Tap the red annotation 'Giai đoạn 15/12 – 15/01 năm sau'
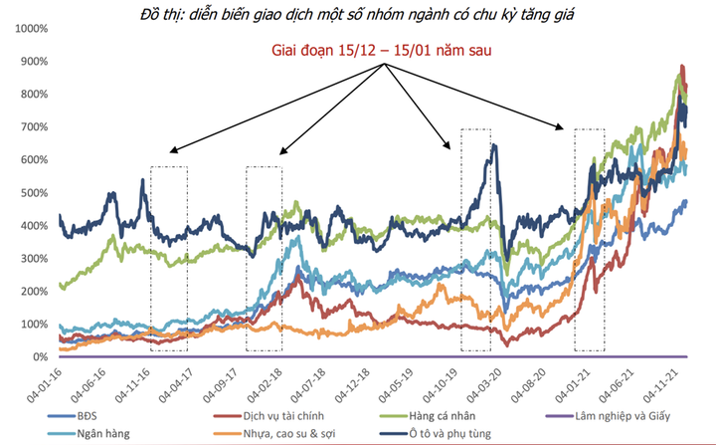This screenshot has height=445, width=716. pyautogui.click(x=383, y=49)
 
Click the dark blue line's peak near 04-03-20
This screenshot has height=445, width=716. pyautogui.click(x=494, y=146)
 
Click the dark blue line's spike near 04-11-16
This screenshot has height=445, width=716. pyautogui.click(x=142, y=180)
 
